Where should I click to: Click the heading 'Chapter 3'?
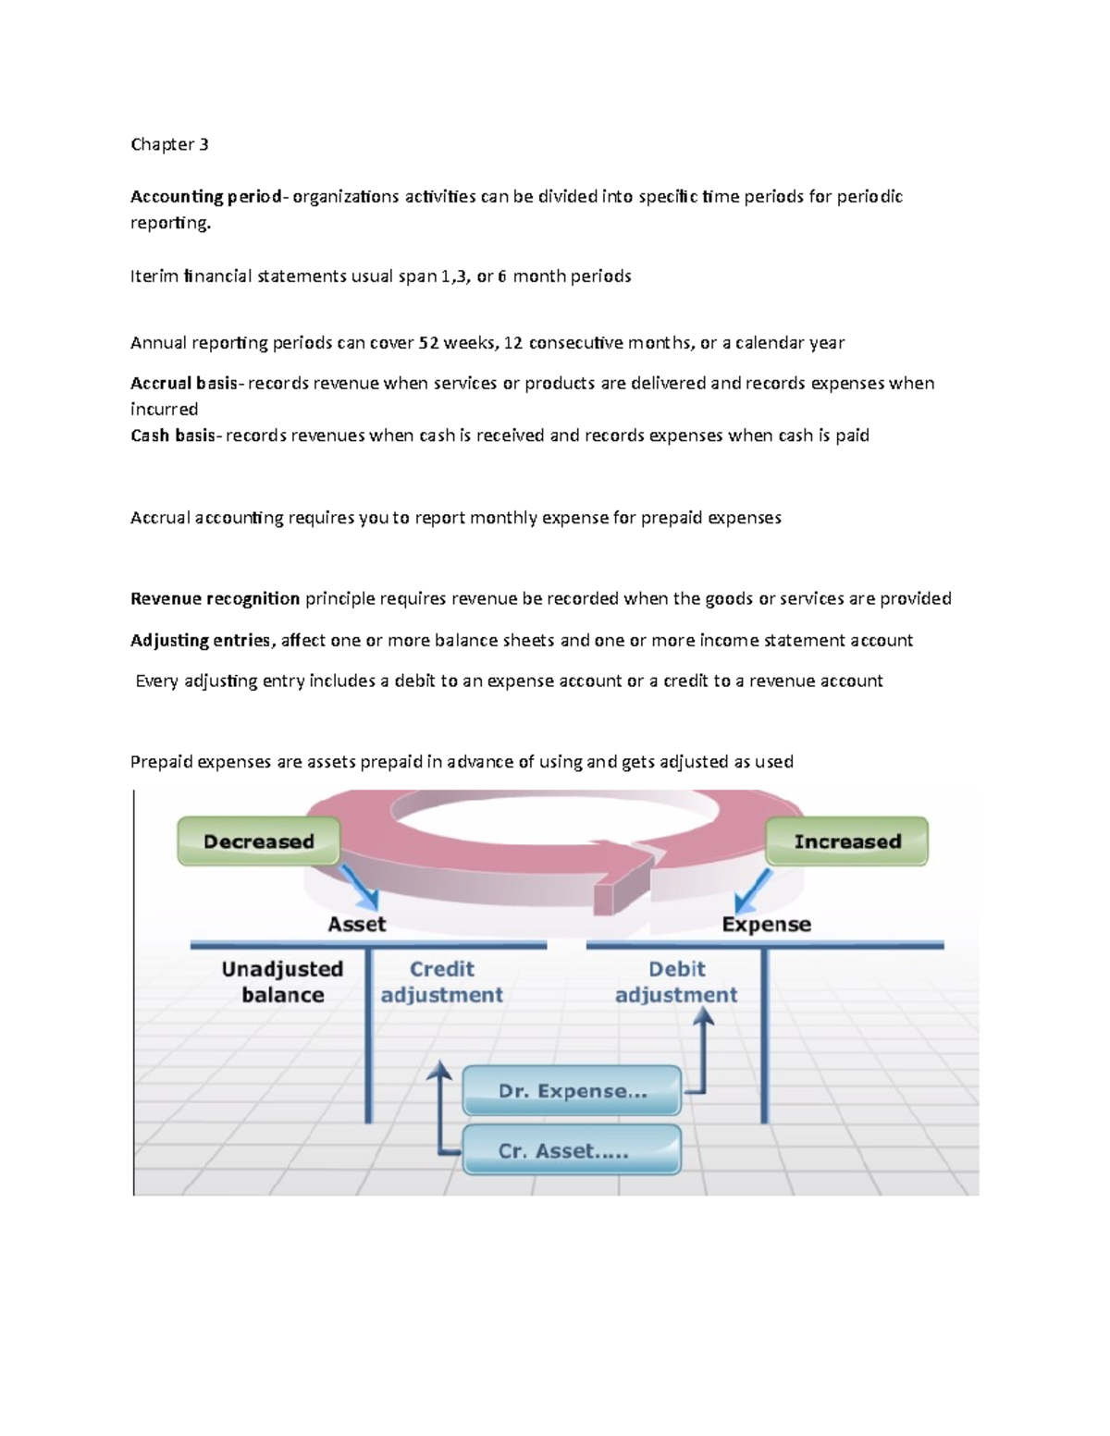click(x=169, y=144)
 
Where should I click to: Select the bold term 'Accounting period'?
click(x=205, y=196)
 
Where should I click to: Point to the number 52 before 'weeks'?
click(x=428, y=342)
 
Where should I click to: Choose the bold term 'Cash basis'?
click(x=172, y=435)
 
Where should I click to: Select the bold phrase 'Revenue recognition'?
click(x=215, y=598)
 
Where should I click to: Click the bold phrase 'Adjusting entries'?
click(x=201, y=640)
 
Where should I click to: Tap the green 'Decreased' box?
click(x=259, y=841)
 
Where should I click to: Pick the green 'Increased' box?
click(x=847, y=841)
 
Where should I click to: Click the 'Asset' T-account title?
click(x=357, y=924)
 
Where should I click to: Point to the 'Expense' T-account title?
click(x=766, y=924)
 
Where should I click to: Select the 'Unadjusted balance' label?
click(x=282, y=982)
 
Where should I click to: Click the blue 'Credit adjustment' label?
click(x=442, y=982)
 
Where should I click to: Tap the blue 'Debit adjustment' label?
click(x=676, y=982)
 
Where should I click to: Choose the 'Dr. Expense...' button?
click(x=573, y=1091)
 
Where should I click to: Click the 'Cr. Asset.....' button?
click(x=573, y=1151)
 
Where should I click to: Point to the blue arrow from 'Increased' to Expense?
click(x=752, y=891)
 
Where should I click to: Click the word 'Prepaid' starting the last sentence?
click(x=161, y=762)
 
